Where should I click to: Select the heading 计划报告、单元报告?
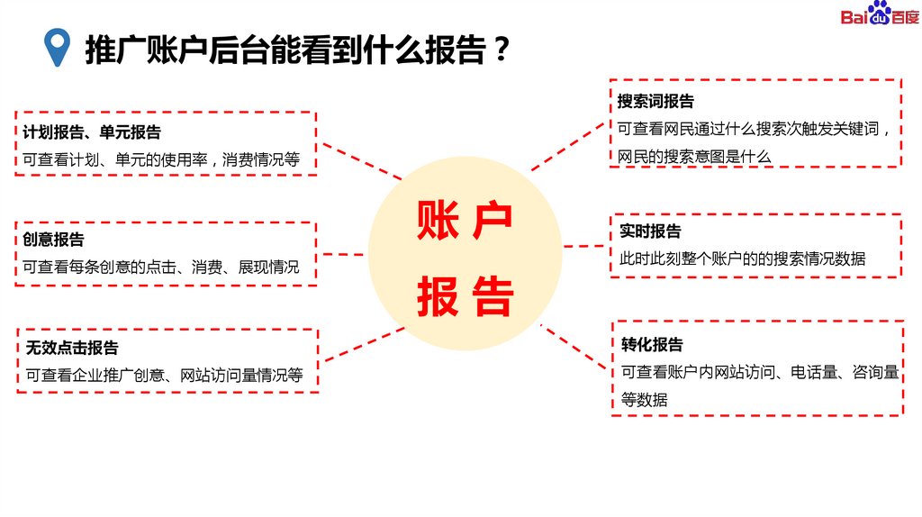point(92,132)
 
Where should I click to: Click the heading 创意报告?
point(53,240)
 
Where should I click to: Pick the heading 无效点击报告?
point(72,348)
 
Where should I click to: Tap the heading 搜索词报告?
point(655,101)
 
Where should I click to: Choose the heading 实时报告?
point(650,231)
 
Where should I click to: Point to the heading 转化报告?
point(652,344)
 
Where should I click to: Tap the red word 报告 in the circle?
point(464,297)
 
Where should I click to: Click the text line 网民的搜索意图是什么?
point(694,156)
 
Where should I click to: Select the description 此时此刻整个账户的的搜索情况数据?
point(742,258)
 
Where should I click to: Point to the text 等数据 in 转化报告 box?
point(644,400)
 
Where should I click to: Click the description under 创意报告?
point(161,268)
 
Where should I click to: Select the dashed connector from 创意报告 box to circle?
point(341,254)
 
